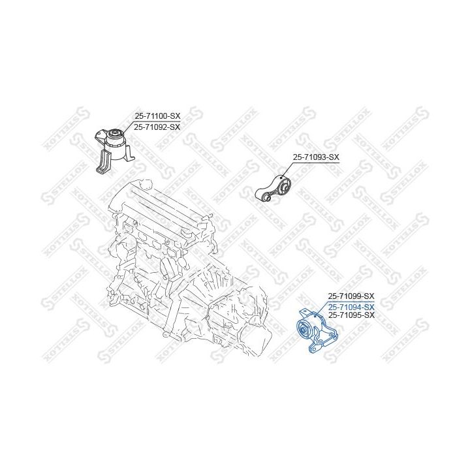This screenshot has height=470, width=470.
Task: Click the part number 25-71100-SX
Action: click(157, 116)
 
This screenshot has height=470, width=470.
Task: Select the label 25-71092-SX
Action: click(157, 127)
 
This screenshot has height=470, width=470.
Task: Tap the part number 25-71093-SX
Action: click(316, 157)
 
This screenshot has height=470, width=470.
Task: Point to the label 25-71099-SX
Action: click(351, 296)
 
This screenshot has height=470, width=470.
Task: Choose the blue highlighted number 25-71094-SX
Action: click(351, 307)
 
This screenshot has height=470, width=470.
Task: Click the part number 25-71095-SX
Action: click(351, 315)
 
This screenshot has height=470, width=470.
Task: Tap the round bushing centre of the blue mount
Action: click(304, 330)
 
